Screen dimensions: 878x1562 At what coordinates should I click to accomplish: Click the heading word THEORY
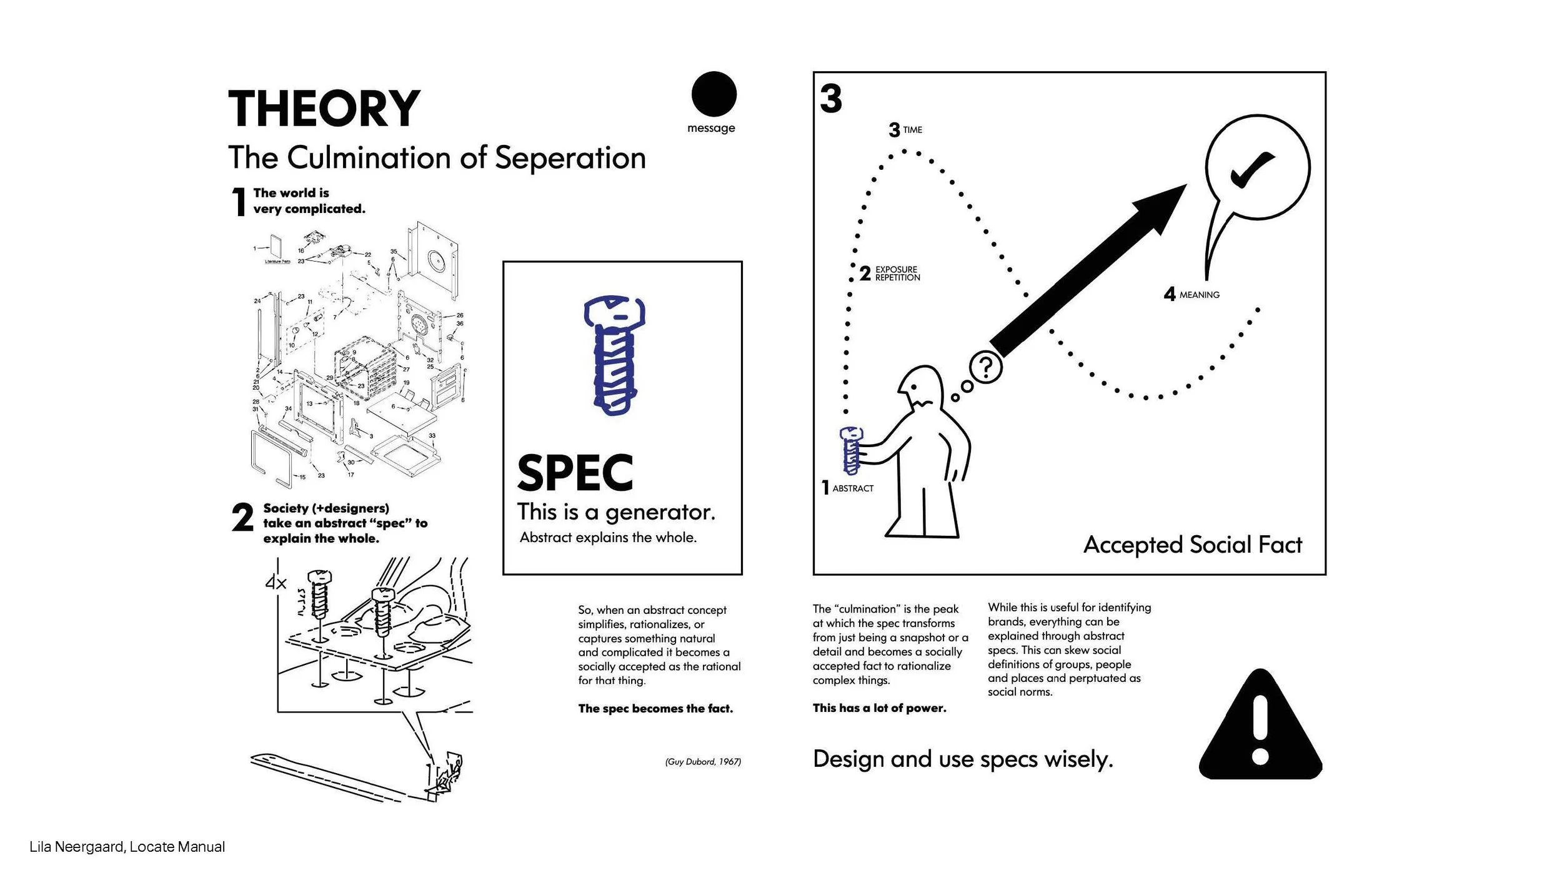point(324,109)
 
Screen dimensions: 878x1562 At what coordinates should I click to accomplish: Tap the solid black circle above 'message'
point(714,94)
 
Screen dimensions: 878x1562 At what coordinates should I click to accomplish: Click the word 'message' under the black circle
point(711,128)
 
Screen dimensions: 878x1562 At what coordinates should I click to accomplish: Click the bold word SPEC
point(575,473)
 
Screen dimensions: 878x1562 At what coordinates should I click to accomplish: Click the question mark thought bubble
point(985,367)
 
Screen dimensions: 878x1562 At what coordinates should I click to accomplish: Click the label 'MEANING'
point(1199,295)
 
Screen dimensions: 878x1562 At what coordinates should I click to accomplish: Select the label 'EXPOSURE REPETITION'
point(897,274)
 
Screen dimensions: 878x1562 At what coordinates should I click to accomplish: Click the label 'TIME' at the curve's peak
point(912,130)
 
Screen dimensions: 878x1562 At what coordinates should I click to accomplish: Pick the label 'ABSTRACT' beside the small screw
point(853,488)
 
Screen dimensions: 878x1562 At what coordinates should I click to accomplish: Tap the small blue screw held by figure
point(851,450)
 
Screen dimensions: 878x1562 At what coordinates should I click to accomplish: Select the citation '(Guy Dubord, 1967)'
point(703,762)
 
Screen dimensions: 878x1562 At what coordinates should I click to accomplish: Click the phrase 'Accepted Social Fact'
point(1192,545)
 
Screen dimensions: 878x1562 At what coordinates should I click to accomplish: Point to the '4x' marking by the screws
point(276,583)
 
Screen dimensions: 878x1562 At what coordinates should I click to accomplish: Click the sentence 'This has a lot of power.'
point(879,708)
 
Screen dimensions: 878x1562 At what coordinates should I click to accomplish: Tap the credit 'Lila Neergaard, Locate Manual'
point(127,847)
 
